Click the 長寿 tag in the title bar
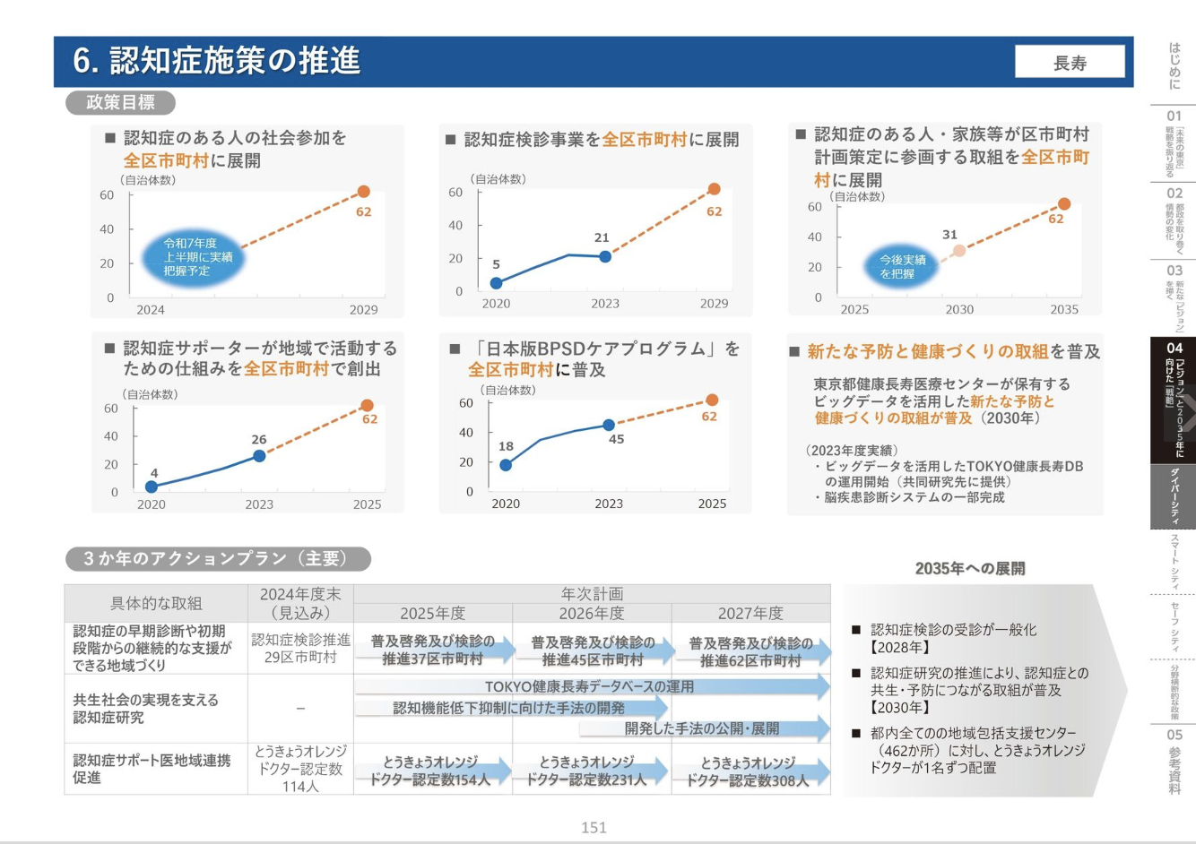(x=1070, y=63)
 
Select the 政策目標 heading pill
(x=120, y=102)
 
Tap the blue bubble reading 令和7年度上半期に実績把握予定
(x=193, y=257)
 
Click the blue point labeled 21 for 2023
(x=605, y=256)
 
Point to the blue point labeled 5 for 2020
(x=496, y=283)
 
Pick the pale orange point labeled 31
(x=958, y=251)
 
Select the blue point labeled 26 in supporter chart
(x=259, y=456)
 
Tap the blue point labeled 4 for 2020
(x=152, y=487)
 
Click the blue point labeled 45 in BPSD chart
(x=609, y=425)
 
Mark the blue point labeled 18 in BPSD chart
(x=506, y=465)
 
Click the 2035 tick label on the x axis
(x=1064, y=309)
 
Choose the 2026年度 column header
(x=592, y=613)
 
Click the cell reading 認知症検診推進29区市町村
(x=300, y=648)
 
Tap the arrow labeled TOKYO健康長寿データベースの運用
(x=592, y=686)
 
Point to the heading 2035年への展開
(x=970, y=568)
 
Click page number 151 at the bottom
(x=594, y=827)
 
